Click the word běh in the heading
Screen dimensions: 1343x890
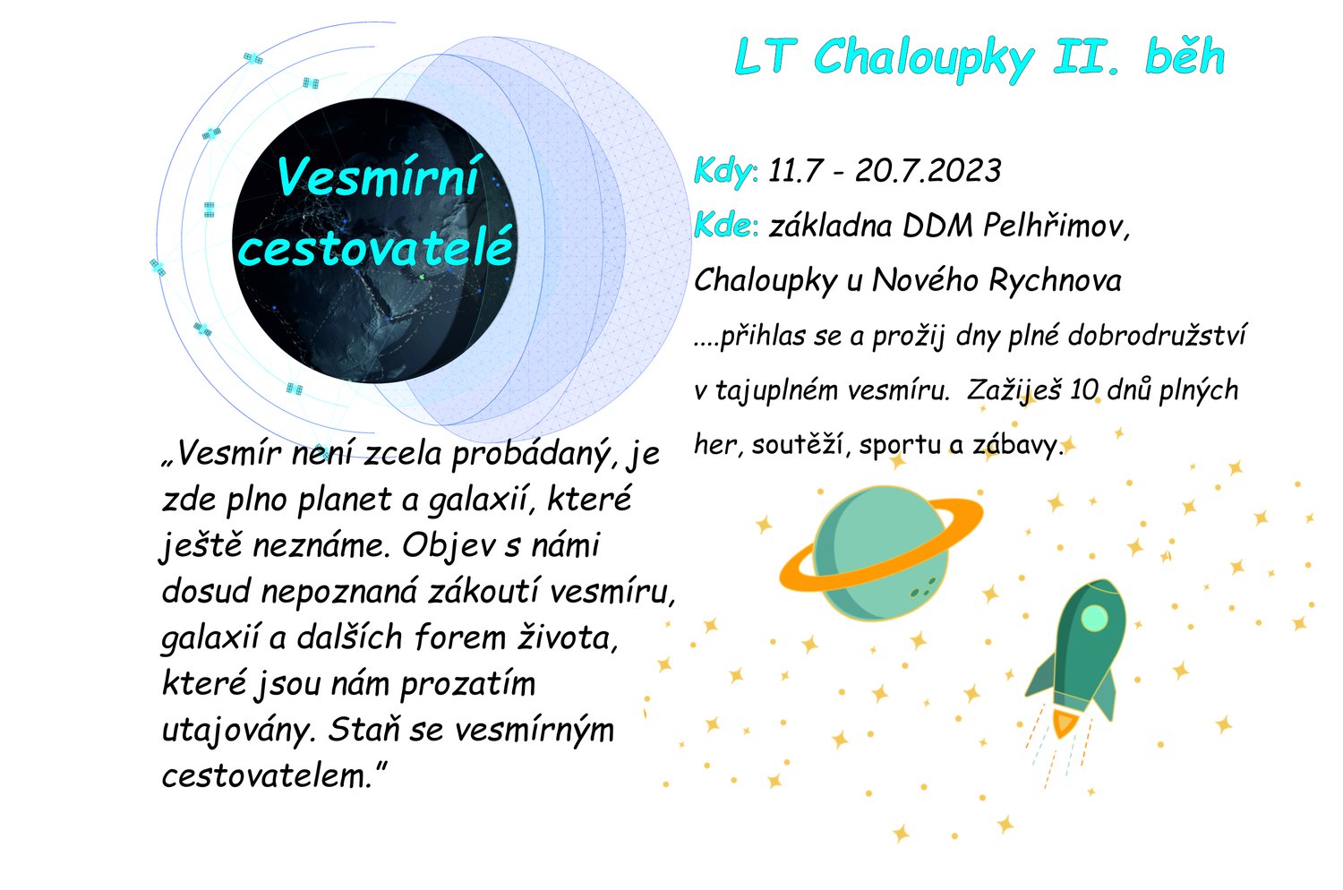[x=1185, y=56]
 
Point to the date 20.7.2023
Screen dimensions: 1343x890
[x=928, y=171]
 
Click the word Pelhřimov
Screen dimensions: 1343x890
[x=1056, y=227]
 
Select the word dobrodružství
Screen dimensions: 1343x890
[x=1157, y=336]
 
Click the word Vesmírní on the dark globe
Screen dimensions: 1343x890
[x=378, y=177]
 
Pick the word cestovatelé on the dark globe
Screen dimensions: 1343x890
[x=376, y=247]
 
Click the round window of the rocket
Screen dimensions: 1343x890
[x=1095, y=618]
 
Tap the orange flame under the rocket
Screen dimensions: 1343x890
[x=1064, y=723]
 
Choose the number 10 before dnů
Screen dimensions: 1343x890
[x=1082, y=390]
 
